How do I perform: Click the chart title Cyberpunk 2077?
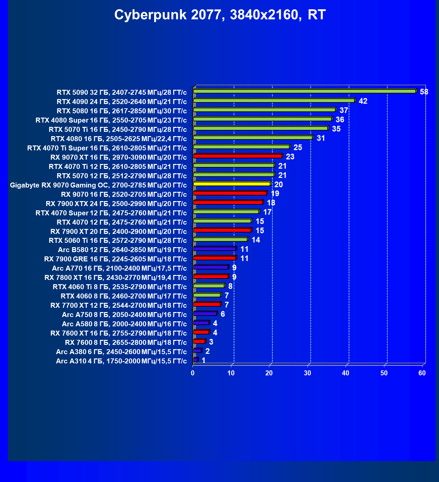point(220,15)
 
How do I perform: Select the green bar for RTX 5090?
point(304,91)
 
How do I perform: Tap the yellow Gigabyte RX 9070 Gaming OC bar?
point(232,184)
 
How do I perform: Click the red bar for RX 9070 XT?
point(238,156)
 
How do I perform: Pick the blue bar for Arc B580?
point(214,249)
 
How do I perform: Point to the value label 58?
point(424,92)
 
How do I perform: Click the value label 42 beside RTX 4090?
point(363,101)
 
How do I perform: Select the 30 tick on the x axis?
point(307,373)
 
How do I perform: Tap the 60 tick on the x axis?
point(422,373)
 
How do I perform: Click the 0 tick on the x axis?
point(193,373)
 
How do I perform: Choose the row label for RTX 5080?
point(122,111)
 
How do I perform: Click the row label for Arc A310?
point(121,361)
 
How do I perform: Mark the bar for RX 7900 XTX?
point(228,202)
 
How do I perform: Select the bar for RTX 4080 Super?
point(262,119)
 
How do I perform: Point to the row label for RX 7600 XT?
point(119,333)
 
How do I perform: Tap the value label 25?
point(298,147)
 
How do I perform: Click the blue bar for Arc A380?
point(197,350)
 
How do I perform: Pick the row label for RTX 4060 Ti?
point(120,287)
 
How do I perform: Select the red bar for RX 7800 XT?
point(211,277)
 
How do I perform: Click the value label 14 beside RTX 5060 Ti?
point(256,240)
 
